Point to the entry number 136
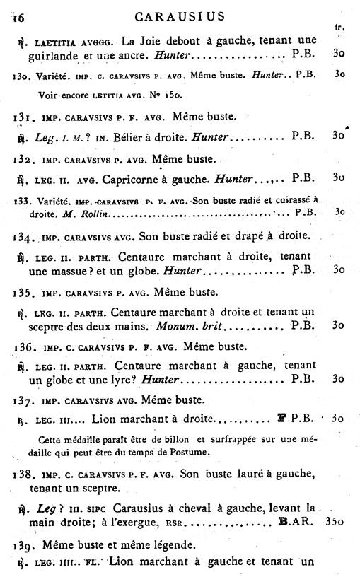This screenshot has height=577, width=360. tap(24, 347)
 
